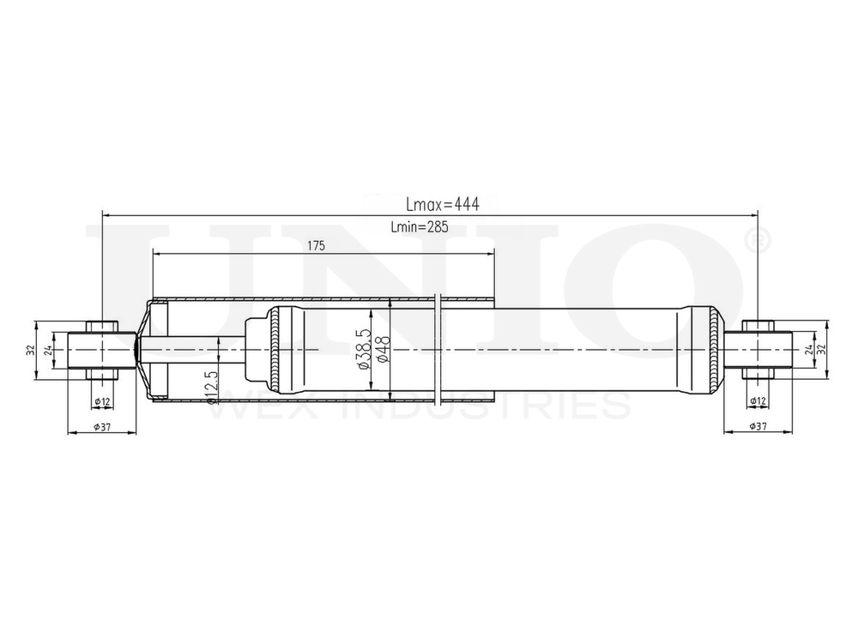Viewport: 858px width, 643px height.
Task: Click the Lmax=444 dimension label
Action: tap(442, 205)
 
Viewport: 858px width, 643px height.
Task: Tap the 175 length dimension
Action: tap(316, 246)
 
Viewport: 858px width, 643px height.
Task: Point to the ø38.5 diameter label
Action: tap(364, 349)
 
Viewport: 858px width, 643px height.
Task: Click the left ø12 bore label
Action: tap(102, 401)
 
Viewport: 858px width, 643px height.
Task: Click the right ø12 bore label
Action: tap(758, 401)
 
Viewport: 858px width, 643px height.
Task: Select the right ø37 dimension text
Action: tap(758, 426)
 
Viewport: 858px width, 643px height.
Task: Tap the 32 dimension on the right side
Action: tap(821, 350)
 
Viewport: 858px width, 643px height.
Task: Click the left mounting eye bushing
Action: tap(102, 350)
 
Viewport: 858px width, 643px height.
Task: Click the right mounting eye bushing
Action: tap(758, 350)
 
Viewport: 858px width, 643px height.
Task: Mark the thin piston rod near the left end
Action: tap(189, 350)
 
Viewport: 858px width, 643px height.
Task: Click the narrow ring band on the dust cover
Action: tap(439, 350)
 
